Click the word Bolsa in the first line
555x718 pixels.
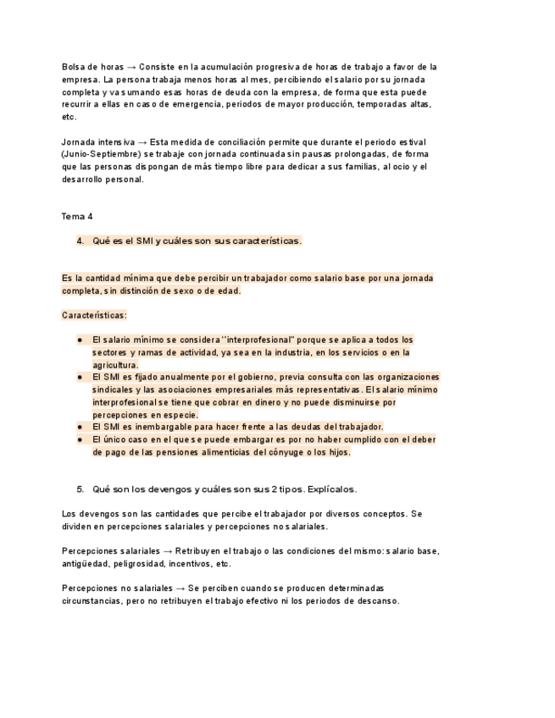[x=74, y=67]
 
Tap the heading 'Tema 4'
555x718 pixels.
[x=77, y=217]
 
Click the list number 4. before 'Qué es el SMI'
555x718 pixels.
[x=80, y=241]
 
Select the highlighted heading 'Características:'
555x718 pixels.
[x=94, y=316]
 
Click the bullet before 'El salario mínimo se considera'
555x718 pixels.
[x=79, y=340]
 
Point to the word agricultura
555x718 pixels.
[x=115, y=365]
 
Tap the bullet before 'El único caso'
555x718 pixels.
[x=79, y=439]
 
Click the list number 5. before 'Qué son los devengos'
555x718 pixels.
[x=80, y=489]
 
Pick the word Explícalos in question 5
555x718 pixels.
[x=331, y=489]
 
